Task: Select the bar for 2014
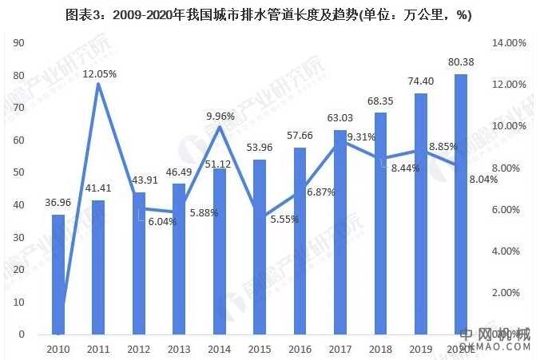tap(220, 251)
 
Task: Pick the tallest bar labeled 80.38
tap(461, 204)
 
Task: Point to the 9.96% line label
tap(220, 116)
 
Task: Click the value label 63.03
tap(340, 120)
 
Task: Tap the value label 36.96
tap(58, 204)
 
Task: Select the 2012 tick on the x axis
tap(138, 350)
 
